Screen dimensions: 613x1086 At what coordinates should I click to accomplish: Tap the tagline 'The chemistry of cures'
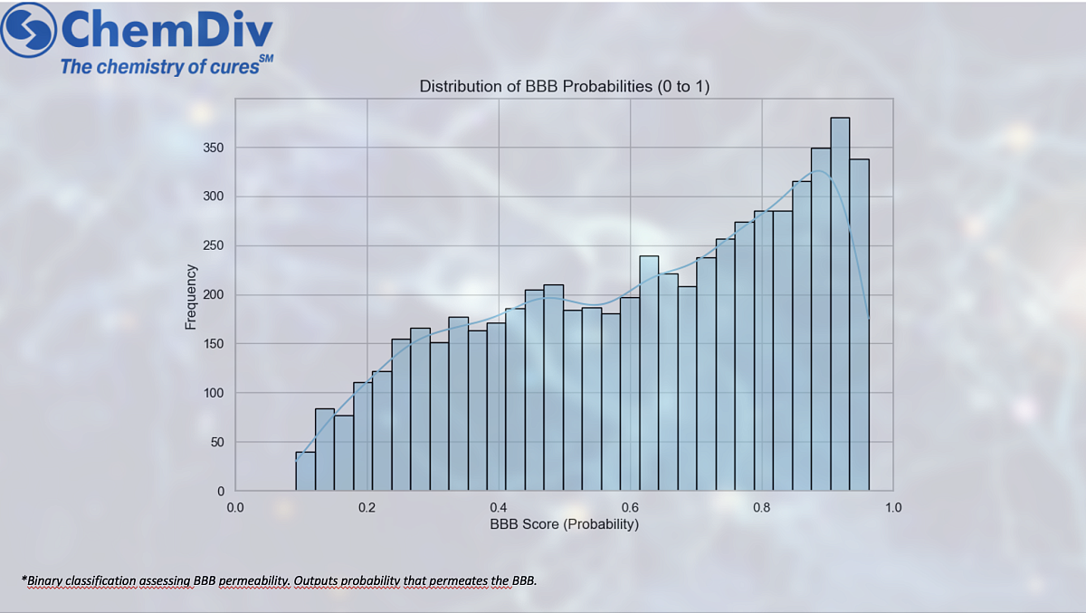[159, 66]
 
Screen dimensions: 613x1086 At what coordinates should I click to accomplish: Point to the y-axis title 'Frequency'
[191, 296]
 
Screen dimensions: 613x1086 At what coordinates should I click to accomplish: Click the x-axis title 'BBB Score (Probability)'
[564, 524]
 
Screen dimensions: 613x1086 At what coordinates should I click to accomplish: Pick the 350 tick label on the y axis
[214, 148]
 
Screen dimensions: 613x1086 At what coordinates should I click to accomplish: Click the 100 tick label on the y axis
[214, 393]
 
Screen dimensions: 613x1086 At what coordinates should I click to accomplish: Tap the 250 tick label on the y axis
[214, 246]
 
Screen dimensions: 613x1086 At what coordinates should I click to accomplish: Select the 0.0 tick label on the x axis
[235, 507]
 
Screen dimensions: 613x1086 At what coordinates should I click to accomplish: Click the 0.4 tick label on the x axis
[498, 507]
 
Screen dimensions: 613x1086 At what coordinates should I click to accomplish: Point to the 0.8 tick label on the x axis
[762, 507]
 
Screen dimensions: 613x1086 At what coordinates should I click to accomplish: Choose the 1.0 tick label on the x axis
[893, 507]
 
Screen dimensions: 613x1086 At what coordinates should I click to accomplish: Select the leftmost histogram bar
[305, 471]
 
